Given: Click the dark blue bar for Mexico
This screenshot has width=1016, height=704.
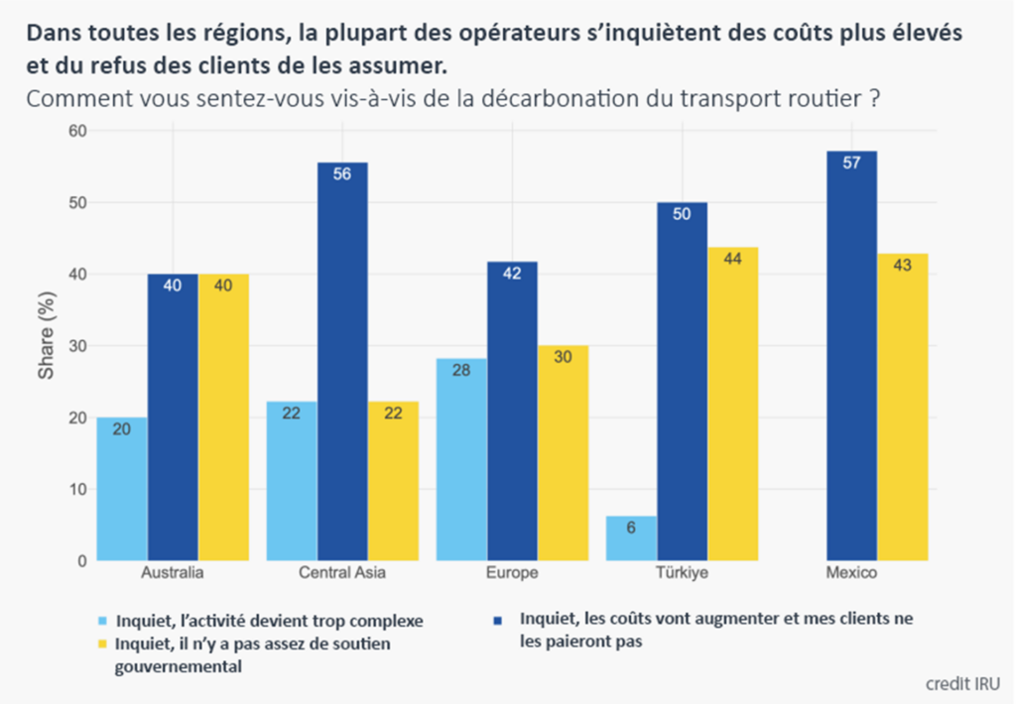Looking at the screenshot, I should click(851, 357).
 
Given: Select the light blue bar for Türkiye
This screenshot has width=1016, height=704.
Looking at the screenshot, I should click(631, 538).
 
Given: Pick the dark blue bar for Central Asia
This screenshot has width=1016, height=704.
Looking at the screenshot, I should click(342, 362).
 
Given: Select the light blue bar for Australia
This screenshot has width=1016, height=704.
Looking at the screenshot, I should click(122, 489).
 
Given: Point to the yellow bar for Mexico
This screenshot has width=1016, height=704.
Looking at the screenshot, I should click(902, 407).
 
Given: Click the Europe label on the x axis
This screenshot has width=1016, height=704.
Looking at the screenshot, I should click(512, 574).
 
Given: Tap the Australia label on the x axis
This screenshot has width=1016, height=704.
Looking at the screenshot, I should click(173, 574).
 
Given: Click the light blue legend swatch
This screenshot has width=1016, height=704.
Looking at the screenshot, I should click(102, 621).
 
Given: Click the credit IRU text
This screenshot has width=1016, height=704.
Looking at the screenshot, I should click(961, 683).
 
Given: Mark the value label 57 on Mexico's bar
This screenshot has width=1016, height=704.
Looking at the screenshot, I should click(851, 164).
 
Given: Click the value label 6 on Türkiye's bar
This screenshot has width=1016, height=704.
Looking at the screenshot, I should click(631, 528).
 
